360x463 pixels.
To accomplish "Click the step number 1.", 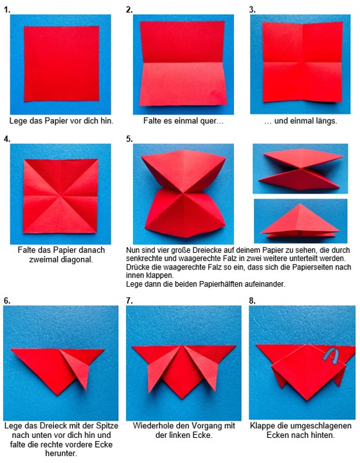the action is click(x=7, y=10).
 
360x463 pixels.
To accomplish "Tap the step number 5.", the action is click(x=129, y=139).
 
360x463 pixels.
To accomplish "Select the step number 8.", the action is click(x=252, y=300).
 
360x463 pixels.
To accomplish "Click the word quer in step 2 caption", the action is click(x=209, y=121).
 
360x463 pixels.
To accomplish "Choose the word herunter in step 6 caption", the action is click(x=61, y=453).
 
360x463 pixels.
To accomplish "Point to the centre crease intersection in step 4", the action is click(x=61, y=195).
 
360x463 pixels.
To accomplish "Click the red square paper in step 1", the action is click(x=61, y=64).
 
